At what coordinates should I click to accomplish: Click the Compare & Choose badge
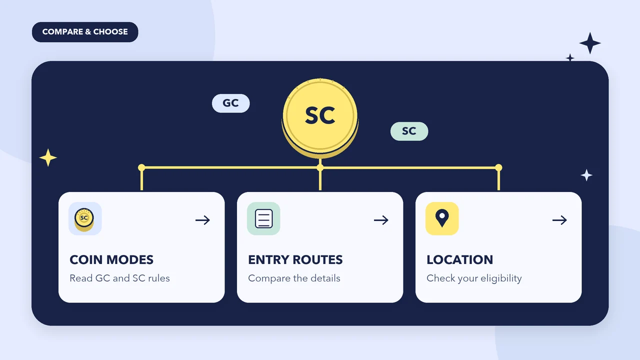pyautogui.click(x=85, y=32)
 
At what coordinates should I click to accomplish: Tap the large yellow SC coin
pyautogui.click(x=320, y=117)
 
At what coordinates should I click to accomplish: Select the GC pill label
pyautogui.click(x=231, y=103)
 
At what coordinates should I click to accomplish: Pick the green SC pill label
pyautogui.click(x=409, y=131)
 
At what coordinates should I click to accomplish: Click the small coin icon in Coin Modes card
pyautogui.click(x=84, y=219)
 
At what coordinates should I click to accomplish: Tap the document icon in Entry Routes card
pyautogui.click(x=263, y=218)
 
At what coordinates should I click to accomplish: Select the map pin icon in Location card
pyautogui.click(x=442, y=217)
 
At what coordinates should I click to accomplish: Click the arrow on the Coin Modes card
pyautogui.click(x=202, y=220)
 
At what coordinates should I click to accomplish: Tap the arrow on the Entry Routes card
pyautogui.click(x=381, y=220)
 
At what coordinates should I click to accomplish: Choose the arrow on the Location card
pyautogui.click(x=559, y=220)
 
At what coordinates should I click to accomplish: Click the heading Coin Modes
pyautogui.click(x=111, y=259)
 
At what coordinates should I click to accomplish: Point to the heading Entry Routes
pyautogui.click(x=295, y=259)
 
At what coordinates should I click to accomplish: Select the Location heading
pyautogui.click(x=459, y=259)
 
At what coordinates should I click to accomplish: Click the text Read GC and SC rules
pyautogui.click(x=119, y=278)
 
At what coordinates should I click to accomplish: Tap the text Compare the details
pyautogui.click(x=294, y=278)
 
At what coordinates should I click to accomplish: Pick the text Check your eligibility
pyautogui.click(x=474, y=278)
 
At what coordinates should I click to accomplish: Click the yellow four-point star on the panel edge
pyautogui.click(x=48, y=157)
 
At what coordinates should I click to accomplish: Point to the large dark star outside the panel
pyautogui.click(x=590, y=43)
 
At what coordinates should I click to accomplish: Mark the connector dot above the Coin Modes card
pyautogui.click(x=141, y=167)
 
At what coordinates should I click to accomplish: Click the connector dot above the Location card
pyautogui.click(x=498, y=167)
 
